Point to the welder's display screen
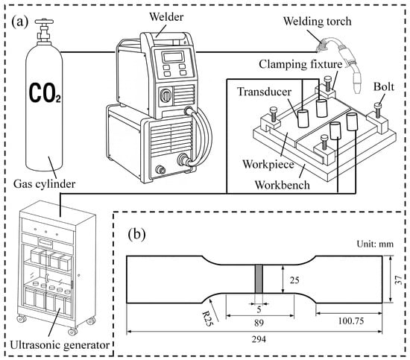(x=177, y=60)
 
